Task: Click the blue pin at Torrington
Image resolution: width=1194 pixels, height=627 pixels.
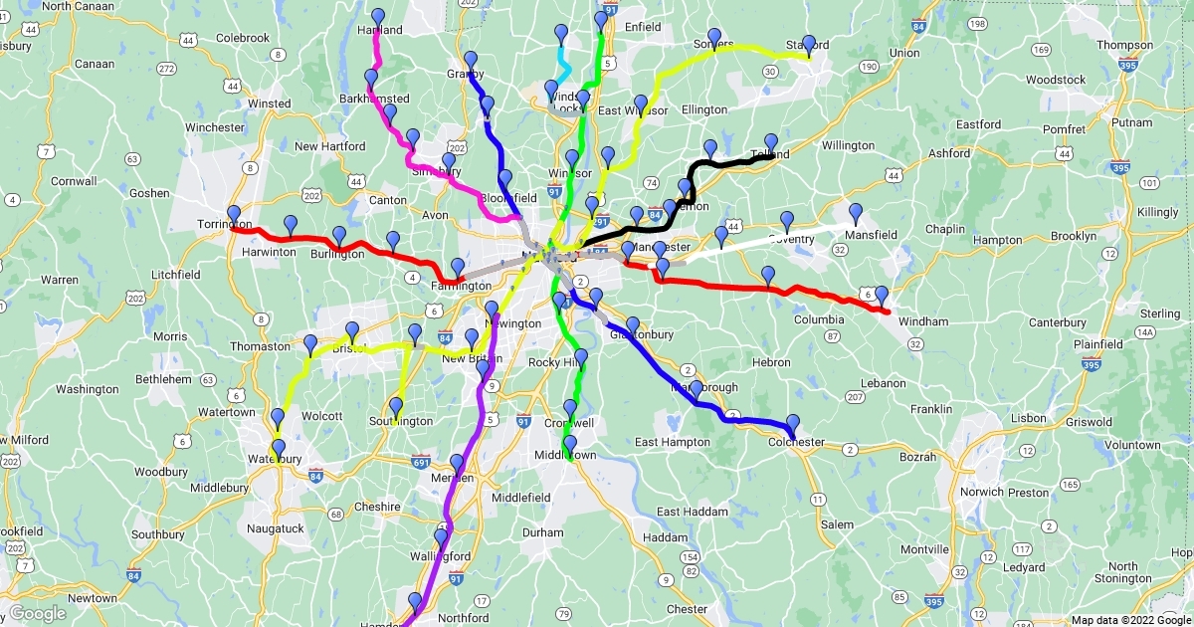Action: (x=234, y=215)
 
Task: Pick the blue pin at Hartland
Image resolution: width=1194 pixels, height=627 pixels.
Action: (x=378, y=18)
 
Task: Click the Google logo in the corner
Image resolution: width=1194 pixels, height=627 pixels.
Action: (x=38, y=613)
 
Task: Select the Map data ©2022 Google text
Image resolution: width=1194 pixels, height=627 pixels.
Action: (x=1130, y=620)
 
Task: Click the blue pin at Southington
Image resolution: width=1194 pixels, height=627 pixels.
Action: (x=396, y=407)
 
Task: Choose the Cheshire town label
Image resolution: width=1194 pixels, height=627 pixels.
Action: (x=384, y=507)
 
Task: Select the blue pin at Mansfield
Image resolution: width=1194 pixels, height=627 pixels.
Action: (x=855, y=213)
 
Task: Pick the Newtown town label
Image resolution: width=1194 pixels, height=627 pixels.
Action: (x=92, y=598)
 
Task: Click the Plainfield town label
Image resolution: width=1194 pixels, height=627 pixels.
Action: (x=1097, y=343)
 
